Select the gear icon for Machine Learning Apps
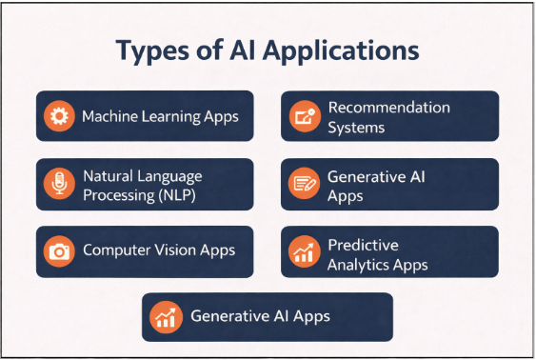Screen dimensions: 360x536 (59, 116)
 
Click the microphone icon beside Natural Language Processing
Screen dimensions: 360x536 (59, 184)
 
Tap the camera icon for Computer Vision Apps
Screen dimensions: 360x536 (59, 250)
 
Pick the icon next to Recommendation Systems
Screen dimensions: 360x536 (305, 116)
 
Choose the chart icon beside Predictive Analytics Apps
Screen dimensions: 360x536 (305, 251)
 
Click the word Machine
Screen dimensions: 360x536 (109, 116)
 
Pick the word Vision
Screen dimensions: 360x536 (174, 250)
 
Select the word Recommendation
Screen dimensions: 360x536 (388, 108)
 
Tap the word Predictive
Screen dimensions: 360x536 (363, 245)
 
